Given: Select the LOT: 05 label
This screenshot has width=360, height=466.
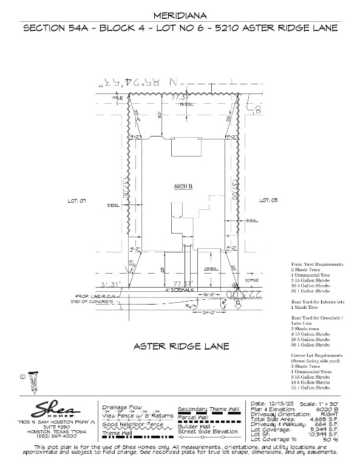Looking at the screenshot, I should (268, 200).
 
